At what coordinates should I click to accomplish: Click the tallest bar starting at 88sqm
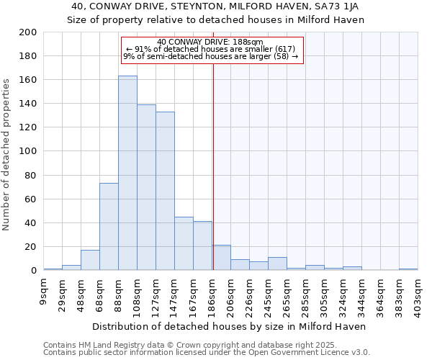pos(127,173)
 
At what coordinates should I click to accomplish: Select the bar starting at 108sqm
pos(146,187)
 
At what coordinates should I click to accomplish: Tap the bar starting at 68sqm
pos(109,227)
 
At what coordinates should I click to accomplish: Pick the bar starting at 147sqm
pos(184,243)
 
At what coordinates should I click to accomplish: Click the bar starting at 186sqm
pos(221,258)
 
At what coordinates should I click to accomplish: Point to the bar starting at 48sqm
pos(90,260)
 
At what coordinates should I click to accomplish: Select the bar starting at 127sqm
pos(165,191)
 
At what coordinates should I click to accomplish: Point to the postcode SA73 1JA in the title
pos(346,6)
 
